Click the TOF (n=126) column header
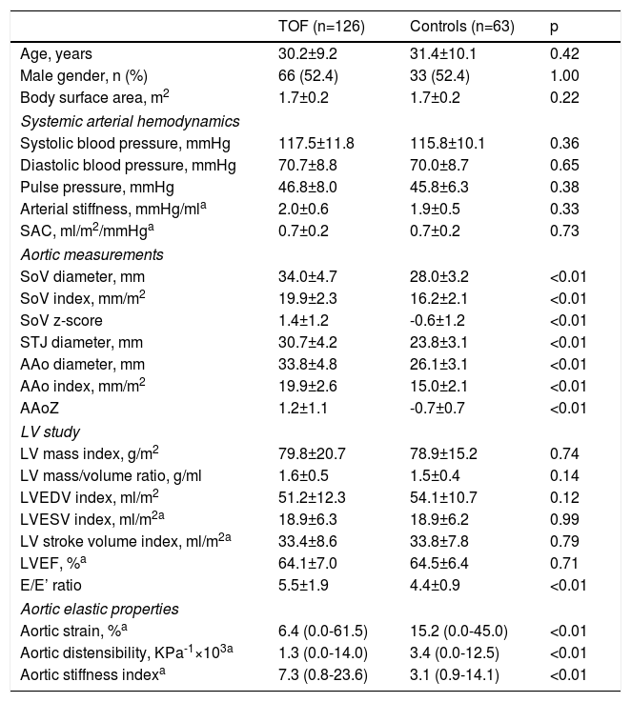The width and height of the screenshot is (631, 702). coord(315,27)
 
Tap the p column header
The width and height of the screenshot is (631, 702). coord(555,27)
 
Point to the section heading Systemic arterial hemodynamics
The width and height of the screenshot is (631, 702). coord(130,121)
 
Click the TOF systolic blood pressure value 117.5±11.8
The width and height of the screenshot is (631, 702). coord(315,143)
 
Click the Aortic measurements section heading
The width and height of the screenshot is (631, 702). coord(92,254)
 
